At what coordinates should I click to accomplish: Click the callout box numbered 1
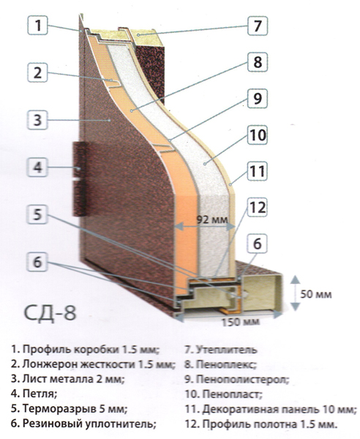(37, 25)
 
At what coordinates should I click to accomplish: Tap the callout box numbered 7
(258, 26)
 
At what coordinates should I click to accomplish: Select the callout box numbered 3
(37, 121)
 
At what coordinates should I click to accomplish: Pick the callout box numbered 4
(37, 167)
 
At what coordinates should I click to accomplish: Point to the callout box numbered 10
(258, 135)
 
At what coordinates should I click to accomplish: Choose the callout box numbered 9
(258, 99)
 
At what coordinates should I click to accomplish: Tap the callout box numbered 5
(37, 214)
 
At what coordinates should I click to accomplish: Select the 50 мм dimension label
(316, 295)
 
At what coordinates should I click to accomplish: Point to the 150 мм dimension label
(241, 322)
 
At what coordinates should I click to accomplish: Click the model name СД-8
(50, 313)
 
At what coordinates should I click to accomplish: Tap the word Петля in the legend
(40, 394)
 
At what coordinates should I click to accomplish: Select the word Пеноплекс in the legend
(226, 364)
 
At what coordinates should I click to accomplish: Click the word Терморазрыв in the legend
(59, 409)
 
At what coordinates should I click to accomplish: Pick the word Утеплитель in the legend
(226, 350)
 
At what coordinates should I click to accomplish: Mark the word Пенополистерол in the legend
(242, 379)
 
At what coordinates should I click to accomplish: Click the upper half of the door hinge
(80, 160)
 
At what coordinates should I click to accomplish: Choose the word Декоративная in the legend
(240, 409)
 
